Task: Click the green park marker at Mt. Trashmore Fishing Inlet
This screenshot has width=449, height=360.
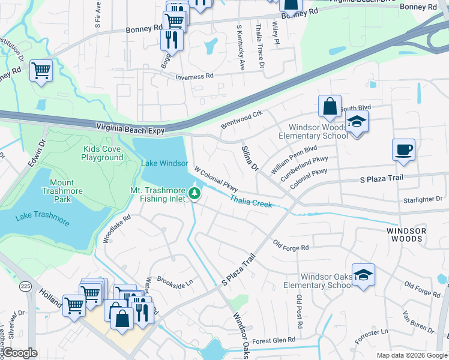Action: click(x=194, y=193)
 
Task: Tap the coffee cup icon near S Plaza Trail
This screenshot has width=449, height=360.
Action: click(x=403, y=149)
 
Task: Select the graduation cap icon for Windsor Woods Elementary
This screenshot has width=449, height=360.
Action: click(x=357, y=122)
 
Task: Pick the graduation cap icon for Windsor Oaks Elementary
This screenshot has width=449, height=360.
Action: click(x=363, y=274)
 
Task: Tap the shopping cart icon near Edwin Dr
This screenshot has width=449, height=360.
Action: click(x=41, y=70)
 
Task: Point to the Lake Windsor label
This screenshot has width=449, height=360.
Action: click(x=164, y=163)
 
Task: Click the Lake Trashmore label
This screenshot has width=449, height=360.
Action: click(x=43, y=219)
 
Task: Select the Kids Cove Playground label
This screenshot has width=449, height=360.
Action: click(x=103, y=153)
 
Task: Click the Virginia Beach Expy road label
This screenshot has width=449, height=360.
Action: click(x=131, y=127)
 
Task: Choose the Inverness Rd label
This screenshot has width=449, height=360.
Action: click(x=194, y=77)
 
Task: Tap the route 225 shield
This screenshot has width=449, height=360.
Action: click(x=25, y=286)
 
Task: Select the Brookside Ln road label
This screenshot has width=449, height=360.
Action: click(x=175, y=281)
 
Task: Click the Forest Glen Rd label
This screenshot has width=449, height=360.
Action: click(x=274, y=340)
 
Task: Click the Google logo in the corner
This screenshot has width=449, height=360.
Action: click(x=20, y=352)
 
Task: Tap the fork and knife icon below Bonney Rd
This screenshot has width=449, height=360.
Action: click(x=172, y=39)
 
